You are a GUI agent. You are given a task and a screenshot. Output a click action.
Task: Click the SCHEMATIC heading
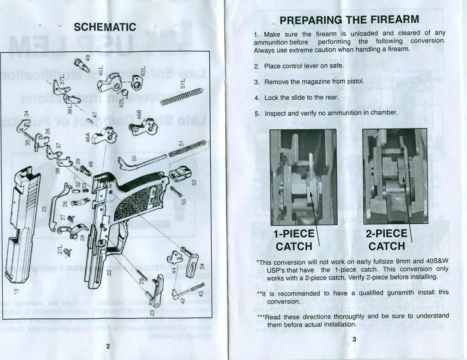(x=105, y=27)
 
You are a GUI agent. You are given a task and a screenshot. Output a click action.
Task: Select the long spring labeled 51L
(x=182, y=97)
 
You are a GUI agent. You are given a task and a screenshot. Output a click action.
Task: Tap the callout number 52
(x=194, y=182)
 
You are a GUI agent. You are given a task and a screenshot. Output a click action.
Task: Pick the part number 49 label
(x=89, y=58)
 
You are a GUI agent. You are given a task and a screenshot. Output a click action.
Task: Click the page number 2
(x=108, y=346)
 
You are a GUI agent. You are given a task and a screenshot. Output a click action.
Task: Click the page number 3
(x=354, y=339)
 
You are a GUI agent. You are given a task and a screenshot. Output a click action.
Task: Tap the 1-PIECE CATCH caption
(x=294, y=240)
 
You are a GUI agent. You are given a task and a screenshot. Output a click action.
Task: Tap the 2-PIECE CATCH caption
(x=387, y=240)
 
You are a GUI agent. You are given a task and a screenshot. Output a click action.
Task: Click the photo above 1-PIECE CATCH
(x=303, y=177)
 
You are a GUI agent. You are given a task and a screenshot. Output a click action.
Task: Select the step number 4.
(x=257, y=98)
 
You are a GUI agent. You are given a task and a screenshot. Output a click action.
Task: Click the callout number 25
(x=44, y=208)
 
